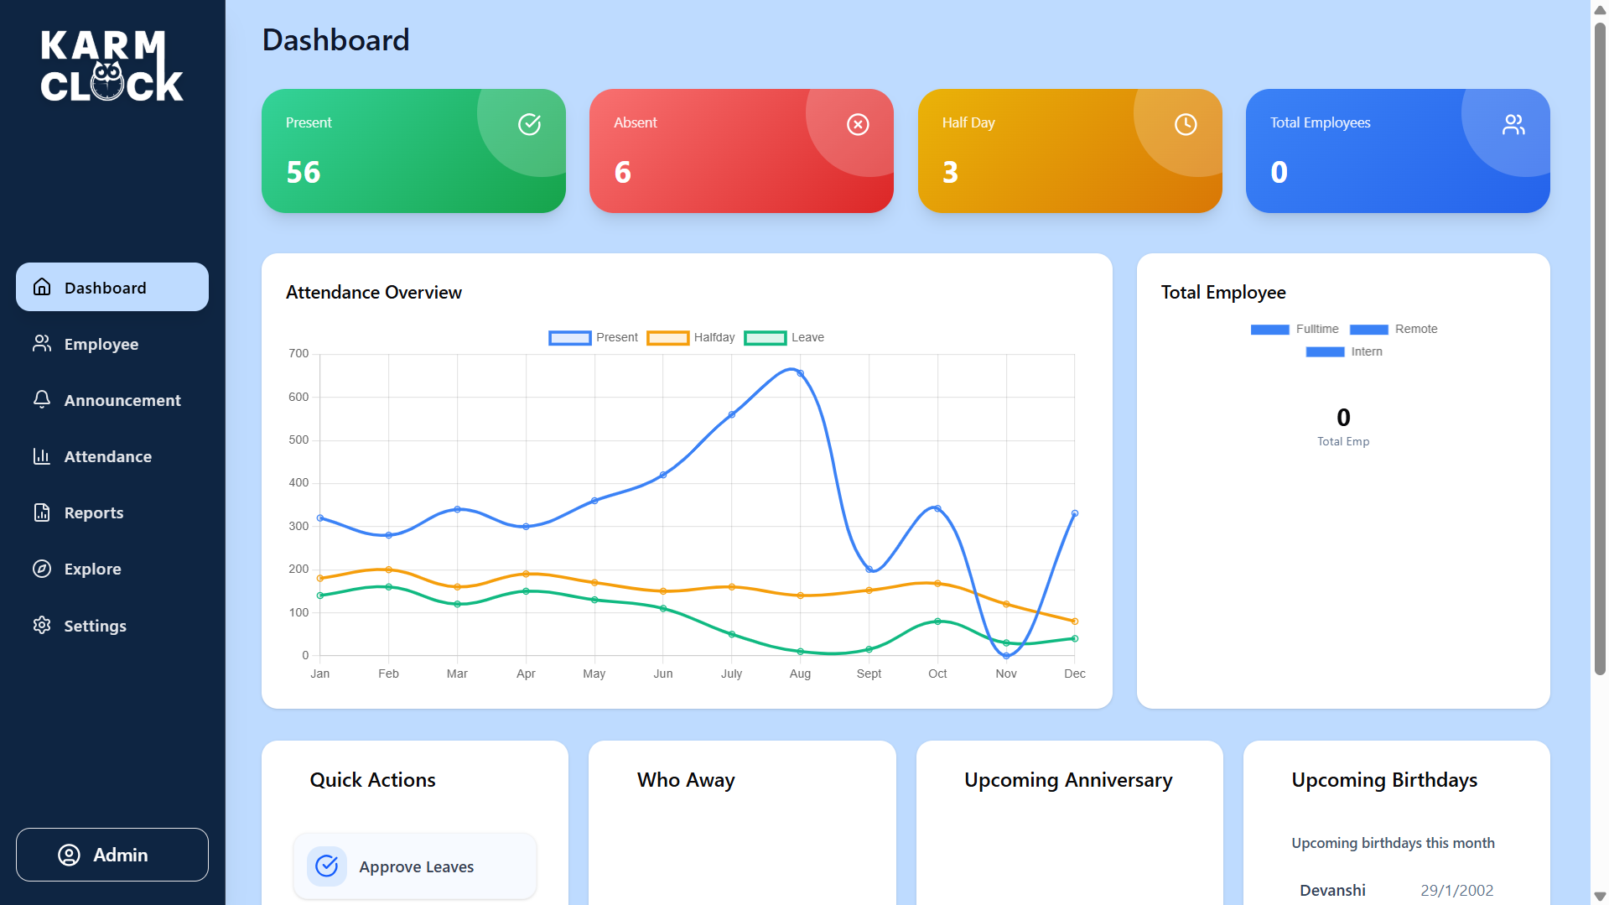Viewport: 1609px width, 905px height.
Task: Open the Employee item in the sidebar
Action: [101, 344]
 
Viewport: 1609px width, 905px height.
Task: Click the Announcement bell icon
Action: [42, 399]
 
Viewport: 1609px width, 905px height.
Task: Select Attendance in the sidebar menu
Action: [107, 456]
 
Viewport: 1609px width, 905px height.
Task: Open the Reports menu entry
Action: [93, 512]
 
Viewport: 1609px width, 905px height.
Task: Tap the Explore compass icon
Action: [42, 569]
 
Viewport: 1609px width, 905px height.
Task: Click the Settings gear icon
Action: [42, 625]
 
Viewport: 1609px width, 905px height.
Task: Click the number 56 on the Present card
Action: [304, 172]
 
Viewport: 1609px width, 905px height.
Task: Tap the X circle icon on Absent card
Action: [858, 125]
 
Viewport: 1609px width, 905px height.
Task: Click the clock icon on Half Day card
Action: [1186, 125]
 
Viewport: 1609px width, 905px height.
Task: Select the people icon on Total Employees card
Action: [1513, 125]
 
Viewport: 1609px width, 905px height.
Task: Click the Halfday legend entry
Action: [692, 337]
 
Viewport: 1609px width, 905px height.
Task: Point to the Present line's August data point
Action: [801, 374]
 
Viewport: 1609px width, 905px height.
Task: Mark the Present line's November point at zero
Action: [1006, 656]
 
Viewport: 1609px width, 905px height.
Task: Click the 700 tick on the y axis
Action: [298, 354]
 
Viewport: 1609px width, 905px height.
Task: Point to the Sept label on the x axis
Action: [869, 674]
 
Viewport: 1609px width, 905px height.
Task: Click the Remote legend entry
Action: [1394, 329]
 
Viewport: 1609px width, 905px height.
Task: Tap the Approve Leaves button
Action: [415, 866]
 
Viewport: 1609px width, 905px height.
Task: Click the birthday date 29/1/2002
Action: [1456, 890]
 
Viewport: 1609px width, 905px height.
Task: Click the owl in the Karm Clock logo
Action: [107, 81]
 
